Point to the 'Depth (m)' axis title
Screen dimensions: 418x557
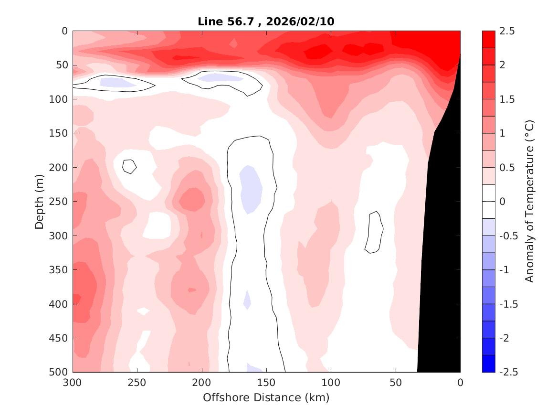tap(40, 201)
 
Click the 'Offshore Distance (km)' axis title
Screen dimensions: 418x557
tap(266, 397)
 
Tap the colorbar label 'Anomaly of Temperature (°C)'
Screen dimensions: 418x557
tap(529, 201)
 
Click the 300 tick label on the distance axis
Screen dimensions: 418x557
tap(73, 383)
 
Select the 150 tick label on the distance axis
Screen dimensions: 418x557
tap(266, 383)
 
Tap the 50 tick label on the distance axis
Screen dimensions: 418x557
tap(396, 383)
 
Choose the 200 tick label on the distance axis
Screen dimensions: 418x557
tap(202, 383)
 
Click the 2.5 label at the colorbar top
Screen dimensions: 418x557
tap(507, 31)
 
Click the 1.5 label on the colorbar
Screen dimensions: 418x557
tap(507, 99)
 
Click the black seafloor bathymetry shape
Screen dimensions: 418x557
tap(441, 239)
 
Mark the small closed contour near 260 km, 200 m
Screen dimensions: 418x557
tap(129, 166)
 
